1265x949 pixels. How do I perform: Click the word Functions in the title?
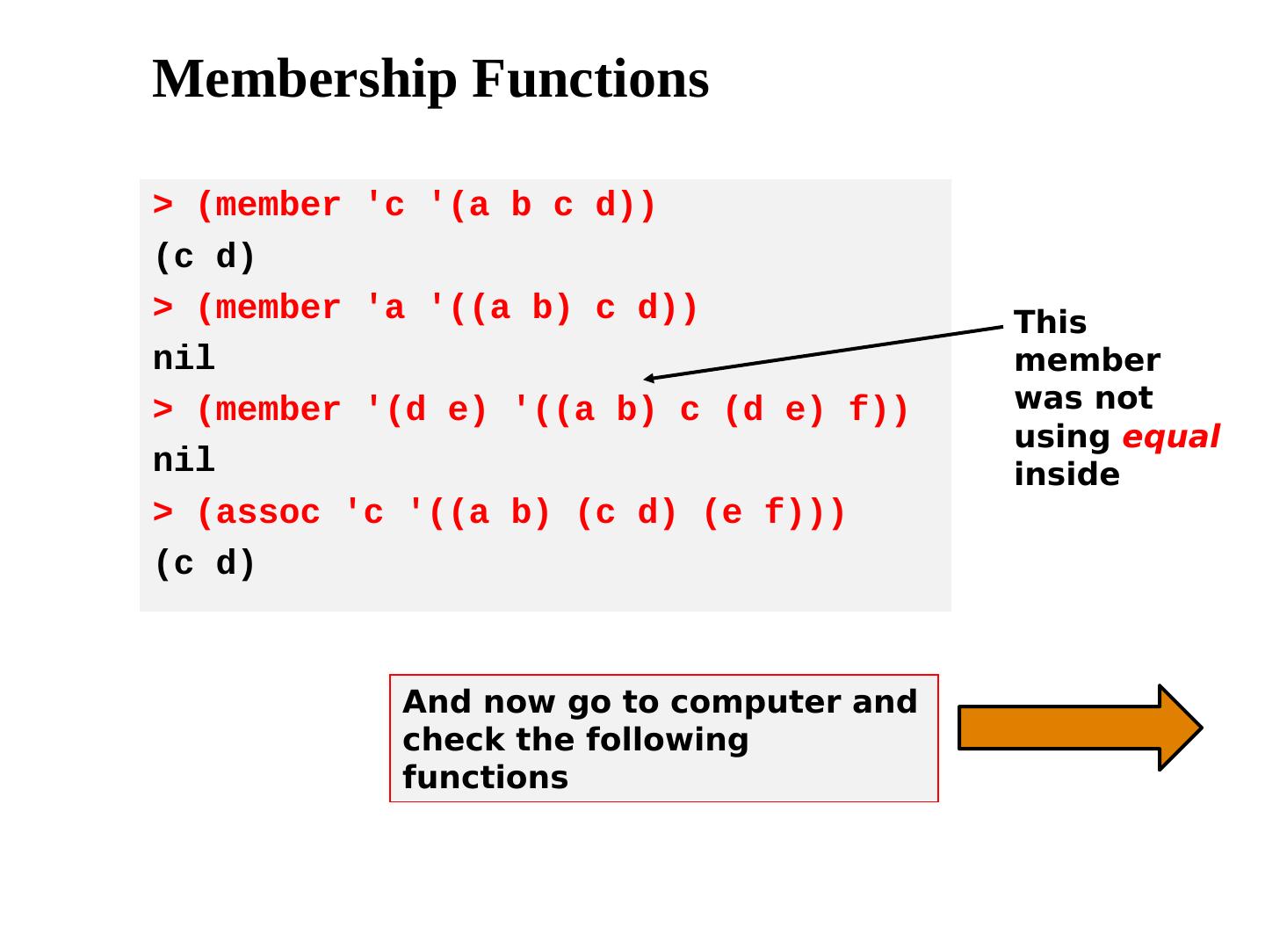(x=590, y=79)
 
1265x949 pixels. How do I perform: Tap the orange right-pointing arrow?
(x=1079, y=728)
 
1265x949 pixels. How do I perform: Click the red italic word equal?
(x=1170, y=437)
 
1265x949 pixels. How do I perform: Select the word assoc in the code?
(x=268, y=512)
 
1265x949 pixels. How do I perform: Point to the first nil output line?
(x=184, y=359)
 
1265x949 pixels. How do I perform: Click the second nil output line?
(x=184, y=460)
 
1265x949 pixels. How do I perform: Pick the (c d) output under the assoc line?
(x=205, y=563)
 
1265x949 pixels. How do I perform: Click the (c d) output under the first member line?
(x=205, y=257)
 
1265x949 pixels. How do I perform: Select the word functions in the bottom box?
(x=485, y=778)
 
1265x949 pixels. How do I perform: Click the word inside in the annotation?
(x=1066, y=474)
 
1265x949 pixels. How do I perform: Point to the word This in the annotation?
(x=1050, y=322)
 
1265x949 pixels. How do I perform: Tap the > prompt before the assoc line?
(x=163, y=512)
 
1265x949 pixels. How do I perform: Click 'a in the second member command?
(x=384, y=308)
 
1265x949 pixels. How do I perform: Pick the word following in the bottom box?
(x=667, y=740)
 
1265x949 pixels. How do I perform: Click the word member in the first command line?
(x=278, y=206)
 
